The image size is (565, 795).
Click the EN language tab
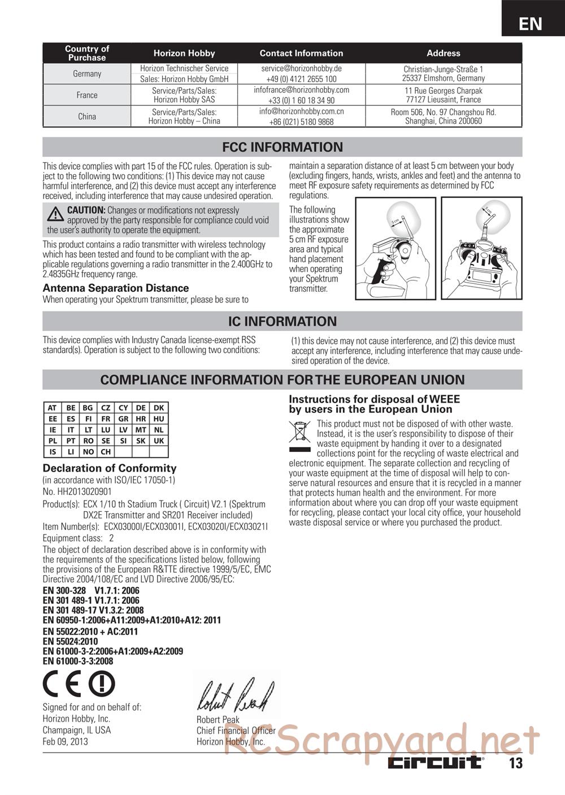[x=531, y=23]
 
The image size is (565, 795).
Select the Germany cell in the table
[x=87, y=74]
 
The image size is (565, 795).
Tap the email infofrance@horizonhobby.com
[x=301, y=90]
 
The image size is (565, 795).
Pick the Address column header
[x=444, y=53]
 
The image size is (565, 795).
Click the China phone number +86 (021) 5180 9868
[x=301, y=122]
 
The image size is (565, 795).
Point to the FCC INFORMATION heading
[x=282, y=147]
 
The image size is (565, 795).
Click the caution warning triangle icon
[x=55, y=214]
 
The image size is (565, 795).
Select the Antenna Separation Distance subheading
[x=116, y=288]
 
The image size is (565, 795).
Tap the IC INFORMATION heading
[x=282, y=321]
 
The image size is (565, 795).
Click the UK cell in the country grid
[x=159, y=440]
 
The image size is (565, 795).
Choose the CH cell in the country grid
[x=106, y=452]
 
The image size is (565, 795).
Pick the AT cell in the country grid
[x=53, y=408]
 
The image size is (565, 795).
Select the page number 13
[x=516, y=763]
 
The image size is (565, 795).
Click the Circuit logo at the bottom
[x=435, y=763]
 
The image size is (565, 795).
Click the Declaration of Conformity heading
[x=110, y=468]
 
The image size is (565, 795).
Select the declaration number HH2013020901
[x=77, y=492]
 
